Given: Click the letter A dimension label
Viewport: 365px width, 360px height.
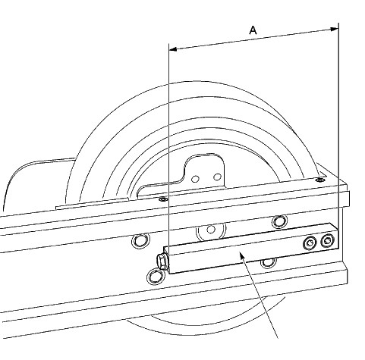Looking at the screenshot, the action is tap(253, 30).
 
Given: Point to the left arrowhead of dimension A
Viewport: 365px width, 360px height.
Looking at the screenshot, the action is tap(173, 49).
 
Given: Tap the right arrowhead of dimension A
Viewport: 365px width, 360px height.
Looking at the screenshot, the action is tap(335, 29).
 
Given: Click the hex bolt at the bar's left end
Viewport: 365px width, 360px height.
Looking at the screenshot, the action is tap(162, 261).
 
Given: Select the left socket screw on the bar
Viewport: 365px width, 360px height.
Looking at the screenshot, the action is tap(310, 243).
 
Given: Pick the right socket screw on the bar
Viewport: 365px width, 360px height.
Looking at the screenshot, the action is tap(327, 241).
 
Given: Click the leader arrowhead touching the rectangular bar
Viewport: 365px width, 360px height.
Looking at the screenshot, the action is tap(241, 257).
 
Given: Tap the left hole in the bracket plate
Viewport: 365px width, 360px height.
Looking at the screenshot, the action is tap(195, 179).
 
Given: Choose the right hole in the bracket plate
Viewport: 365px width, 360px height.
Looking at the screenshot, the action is tap(217, 177).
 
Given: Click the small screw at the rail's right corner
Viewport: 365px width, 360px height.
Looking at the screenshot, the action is tap(319, 180).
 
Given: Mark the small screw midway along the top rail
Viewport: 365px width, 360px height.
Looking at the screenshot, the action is tap(163, 199).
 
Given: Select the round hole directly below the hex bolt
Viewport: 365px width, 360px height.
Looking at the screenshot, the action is tap(155, 277).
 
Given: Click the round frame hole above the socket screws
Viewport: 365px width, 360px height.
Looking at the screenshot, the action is tap(279, 221).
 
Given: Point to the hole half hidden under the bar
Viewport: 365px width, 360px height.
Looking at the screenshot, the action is tap(269, 263).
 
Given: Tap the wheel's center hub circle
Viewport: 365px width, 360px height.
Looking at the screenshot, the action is tap(211, 229).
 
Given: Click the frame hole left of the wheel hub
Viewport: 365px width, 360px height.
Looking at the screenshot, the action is tap(140, 241).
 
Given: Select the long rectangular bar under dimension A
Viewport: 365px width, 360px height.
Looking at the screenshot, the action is tap(251, 249).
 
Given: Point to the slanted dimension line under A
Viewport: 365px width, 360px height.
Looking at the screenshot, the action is tap(253, 39).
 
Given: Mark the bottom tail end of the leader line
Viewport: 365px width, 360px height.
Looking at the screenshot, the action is tap(278, 338).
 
